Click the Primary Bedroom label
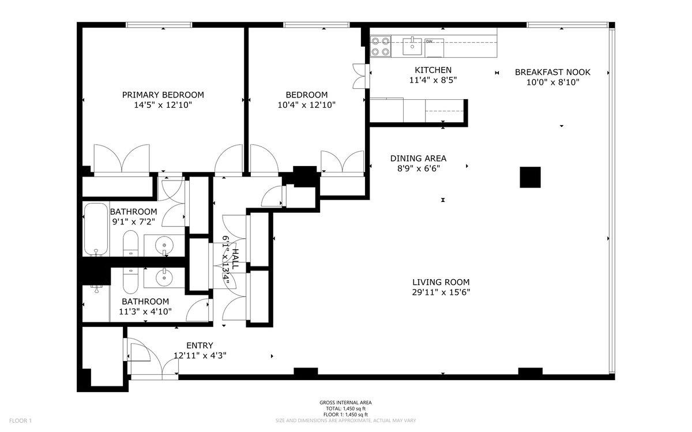click(163, 95)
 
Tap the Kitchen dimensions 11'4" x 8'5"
click(434, 81)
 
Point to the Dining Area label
click(418, 158)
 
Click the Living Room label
click(441, 282)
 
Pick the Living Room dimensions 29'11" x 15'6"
click(441, 292)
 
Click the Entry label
click(200, 345)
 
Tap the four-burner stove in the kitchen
click(379, 46)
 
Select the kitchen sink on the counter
click(413, 42)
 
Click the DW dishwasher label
click(429, 42)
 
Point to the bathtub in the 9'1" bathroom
click(96, 229)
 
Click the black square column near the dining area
click(529, 177)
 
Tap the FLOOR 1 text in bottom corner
click(20, 421)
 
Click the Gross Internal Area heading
click(345, 403)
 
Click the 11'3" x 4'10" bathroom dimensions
click(145, 312)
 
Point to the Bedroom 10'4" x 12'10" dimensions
click(306, 105)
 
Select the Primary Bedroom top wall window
click(160, 25)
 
